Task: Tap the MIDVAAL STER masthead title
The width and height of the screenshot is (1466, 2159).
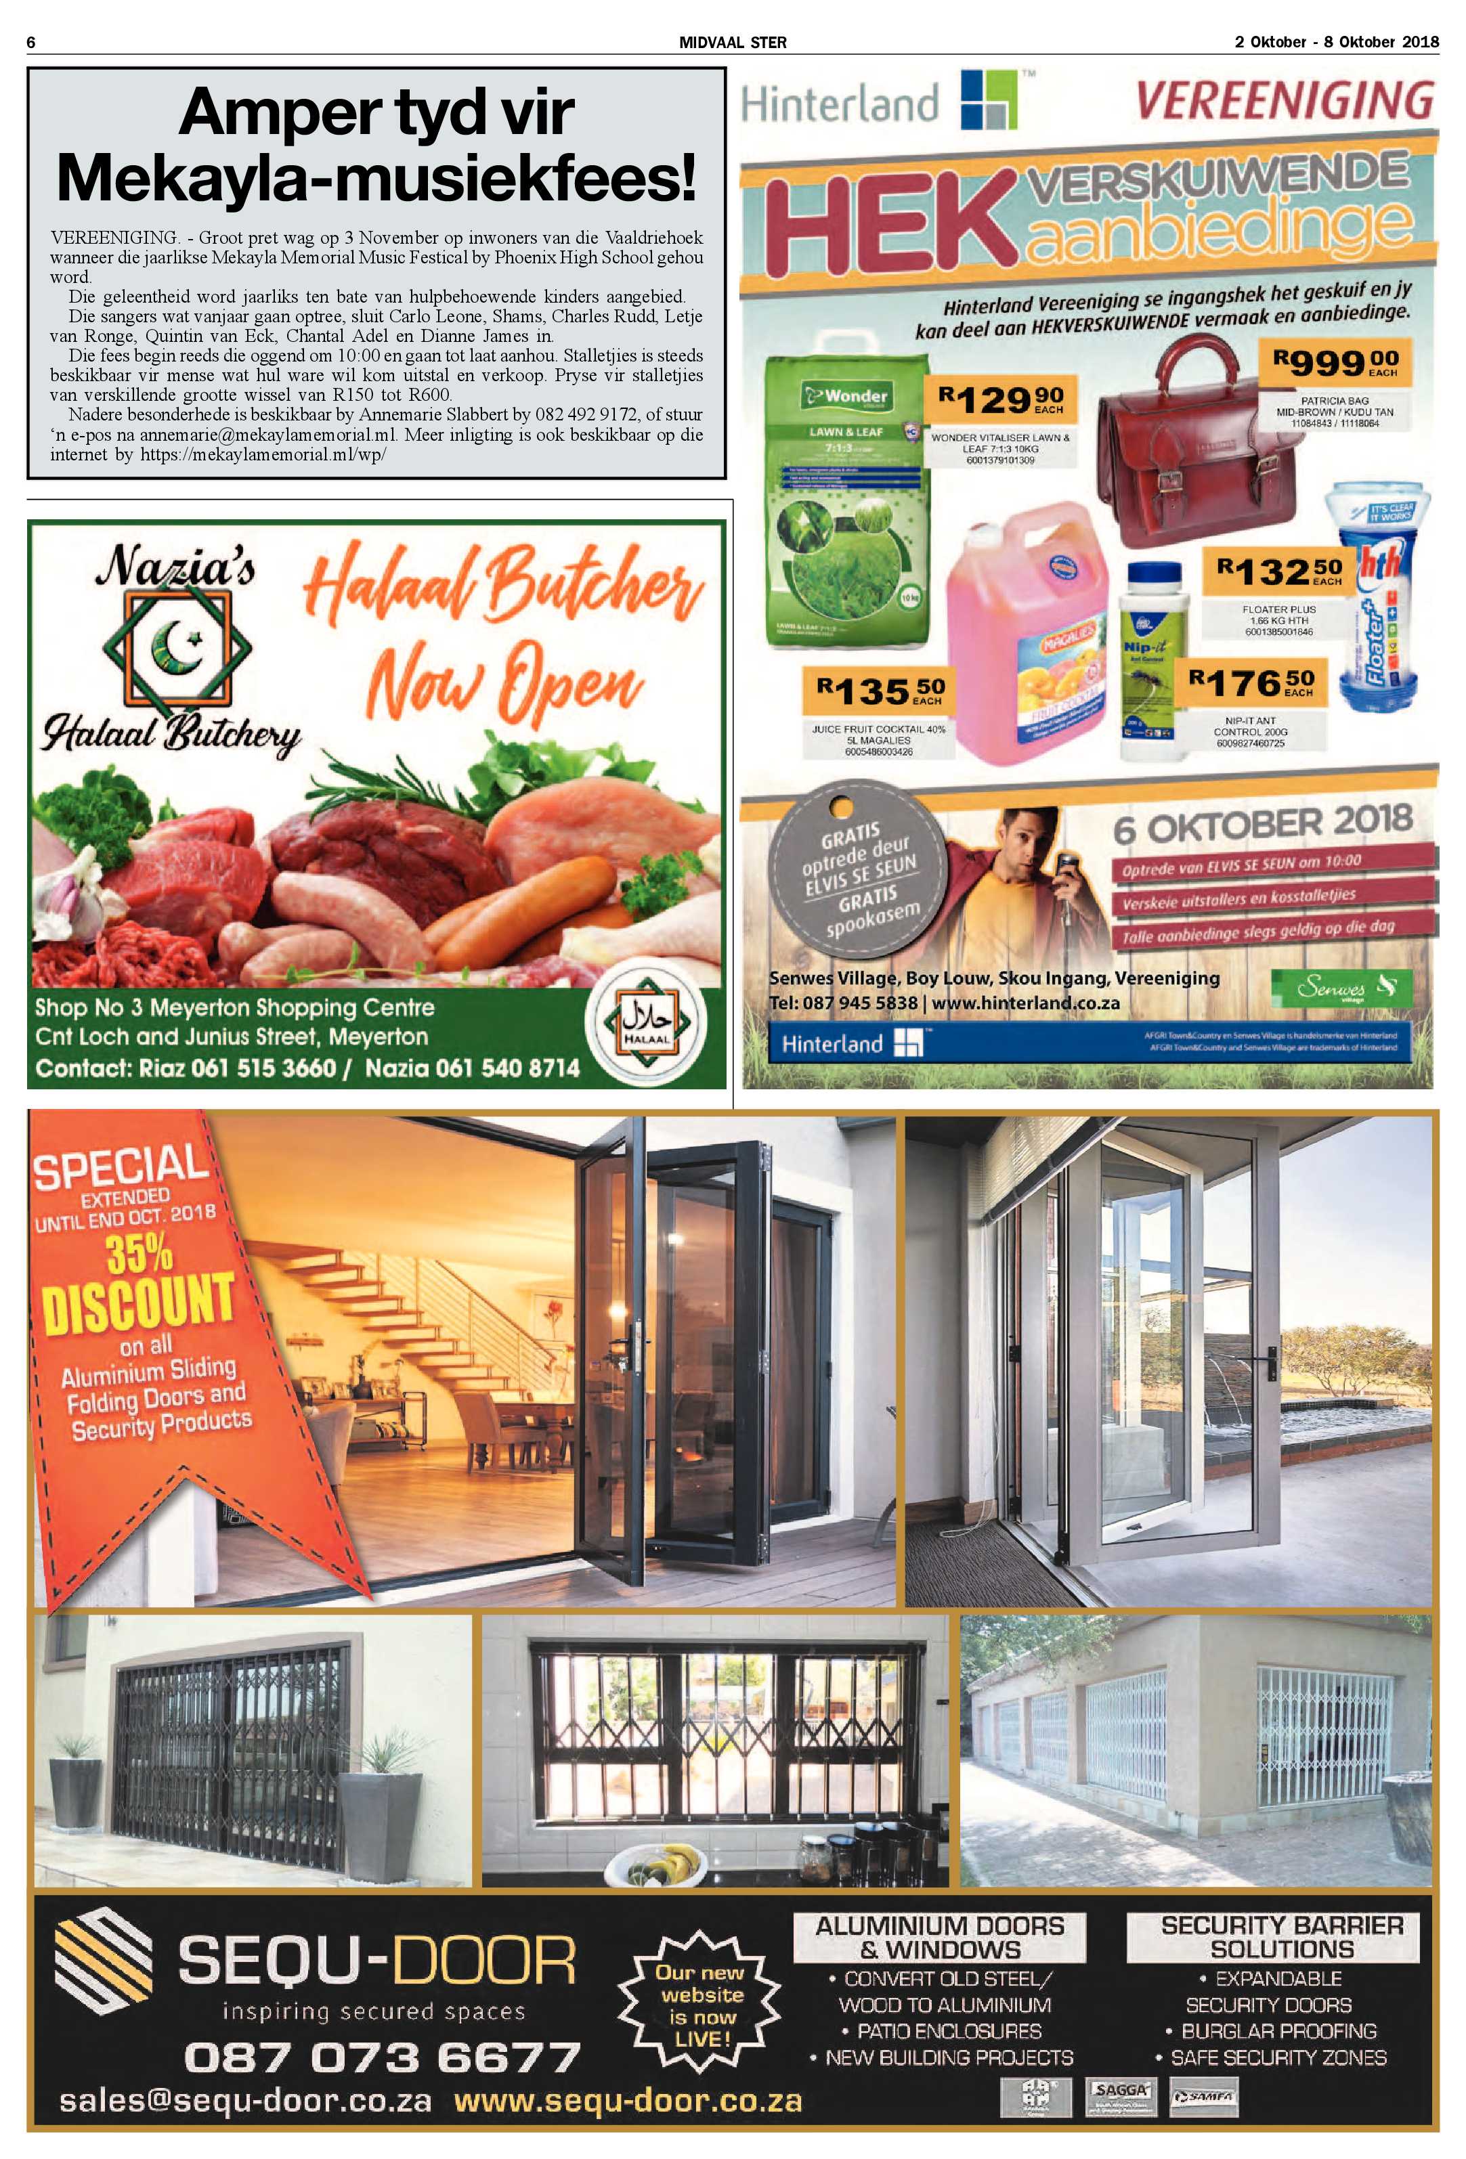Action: click(x=732, y=43)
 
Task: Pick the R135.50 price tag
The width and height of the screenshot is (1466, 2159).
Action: click(x=880, y=691)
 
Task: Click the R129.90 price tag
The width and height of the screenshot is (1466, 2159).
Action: click(x=1001, y=400)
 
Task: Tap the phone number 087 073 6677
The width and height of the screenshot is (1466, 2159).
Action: click(x=382, y=2057)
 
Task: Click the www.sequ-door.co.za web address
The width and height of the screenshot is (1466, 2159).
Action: click(x=628, y=2101)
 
